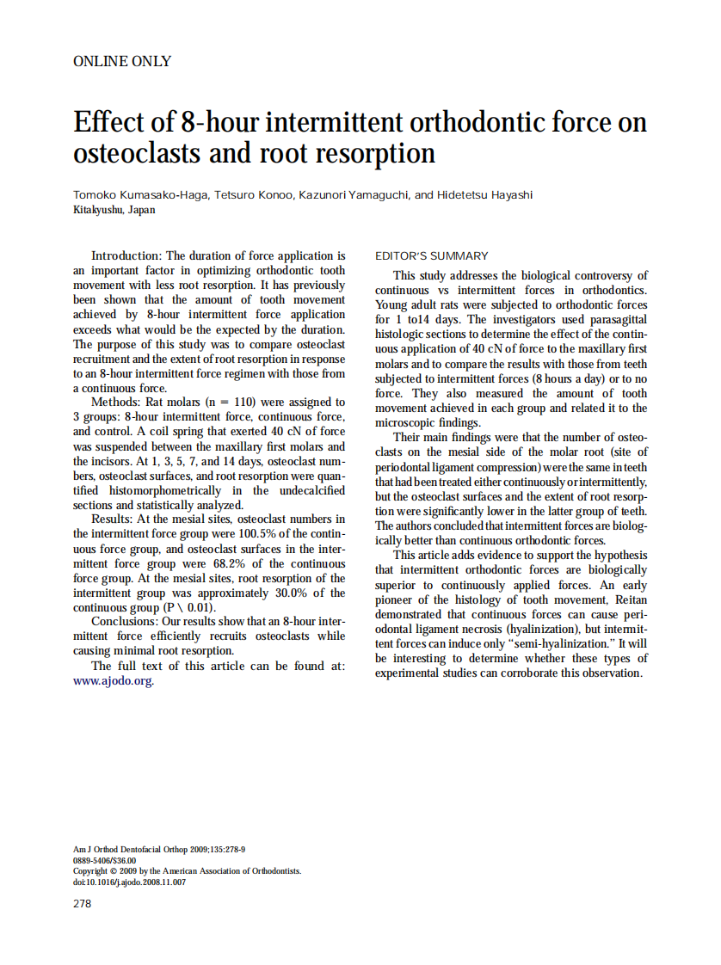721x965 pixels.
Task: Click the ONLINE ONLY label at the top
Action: click(122, 61)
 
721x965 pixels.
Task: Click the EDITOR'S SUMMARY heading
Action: click(432, 256)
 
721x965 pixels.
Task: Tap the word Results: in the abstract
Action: click(116, 519)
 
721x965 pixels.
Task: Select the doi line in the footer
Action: click(129, 882)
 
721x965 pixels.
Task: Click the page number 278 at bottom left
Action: click(83, 903)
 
